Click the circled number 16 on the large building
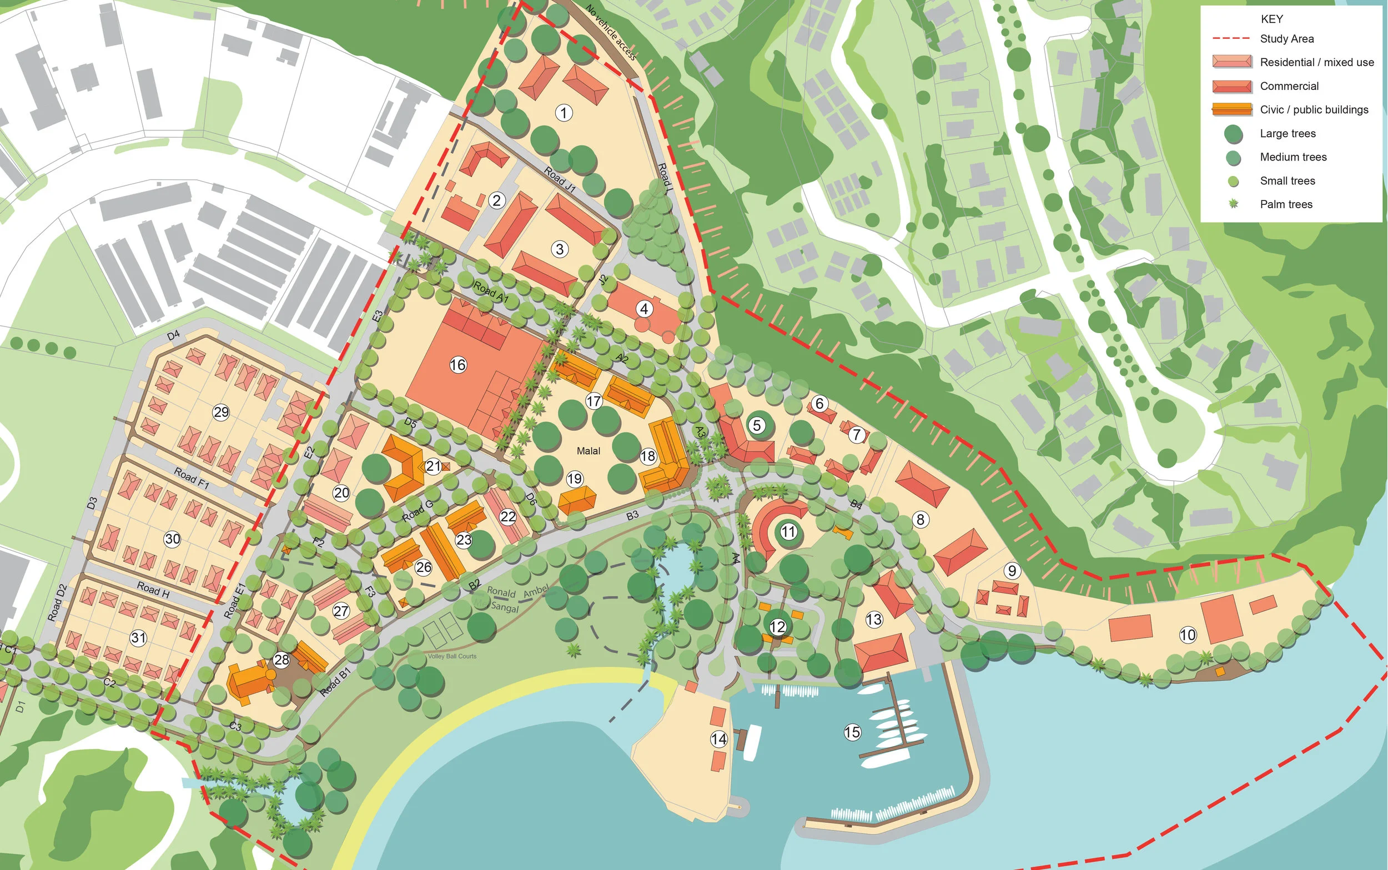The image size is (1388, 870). [458, 364]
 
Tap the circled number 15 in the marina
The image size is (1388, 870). [852, 732]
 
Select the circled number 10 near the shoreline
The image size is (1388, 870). [1188, 635]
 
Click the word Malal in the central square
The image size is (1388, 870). [588, 450]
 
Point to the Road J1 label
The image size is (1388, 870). [560, 179]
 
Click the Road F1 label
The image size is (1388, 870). [192, 477]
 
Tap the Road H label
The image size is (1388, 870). [153, 589]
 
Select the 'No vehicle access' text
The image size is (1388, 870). [611, 32]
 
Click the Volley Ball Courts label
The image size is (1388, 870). [452, 656]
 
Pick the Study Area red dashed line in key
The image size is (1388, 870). [1231, 38]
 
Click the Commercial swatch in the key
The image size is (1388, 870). [1231, 86]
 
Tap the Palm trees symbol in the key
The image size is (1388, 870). [1233, 204]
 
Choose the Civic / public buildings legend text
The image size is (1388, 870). [1314, 109]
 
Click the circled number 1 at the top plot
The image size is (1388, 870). [564, 112]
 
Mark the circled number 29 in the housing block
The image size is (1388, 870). [221, 412]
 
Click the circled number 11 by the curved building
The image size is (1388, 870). [788, 531]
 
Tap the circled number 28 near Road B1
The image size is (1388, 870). [281, 660]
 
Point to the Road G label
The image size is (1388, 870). [417, 511]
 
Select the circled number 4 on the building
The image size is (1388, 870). [644, 309]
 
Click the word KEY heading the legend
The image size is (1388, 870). [1271, 19]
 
